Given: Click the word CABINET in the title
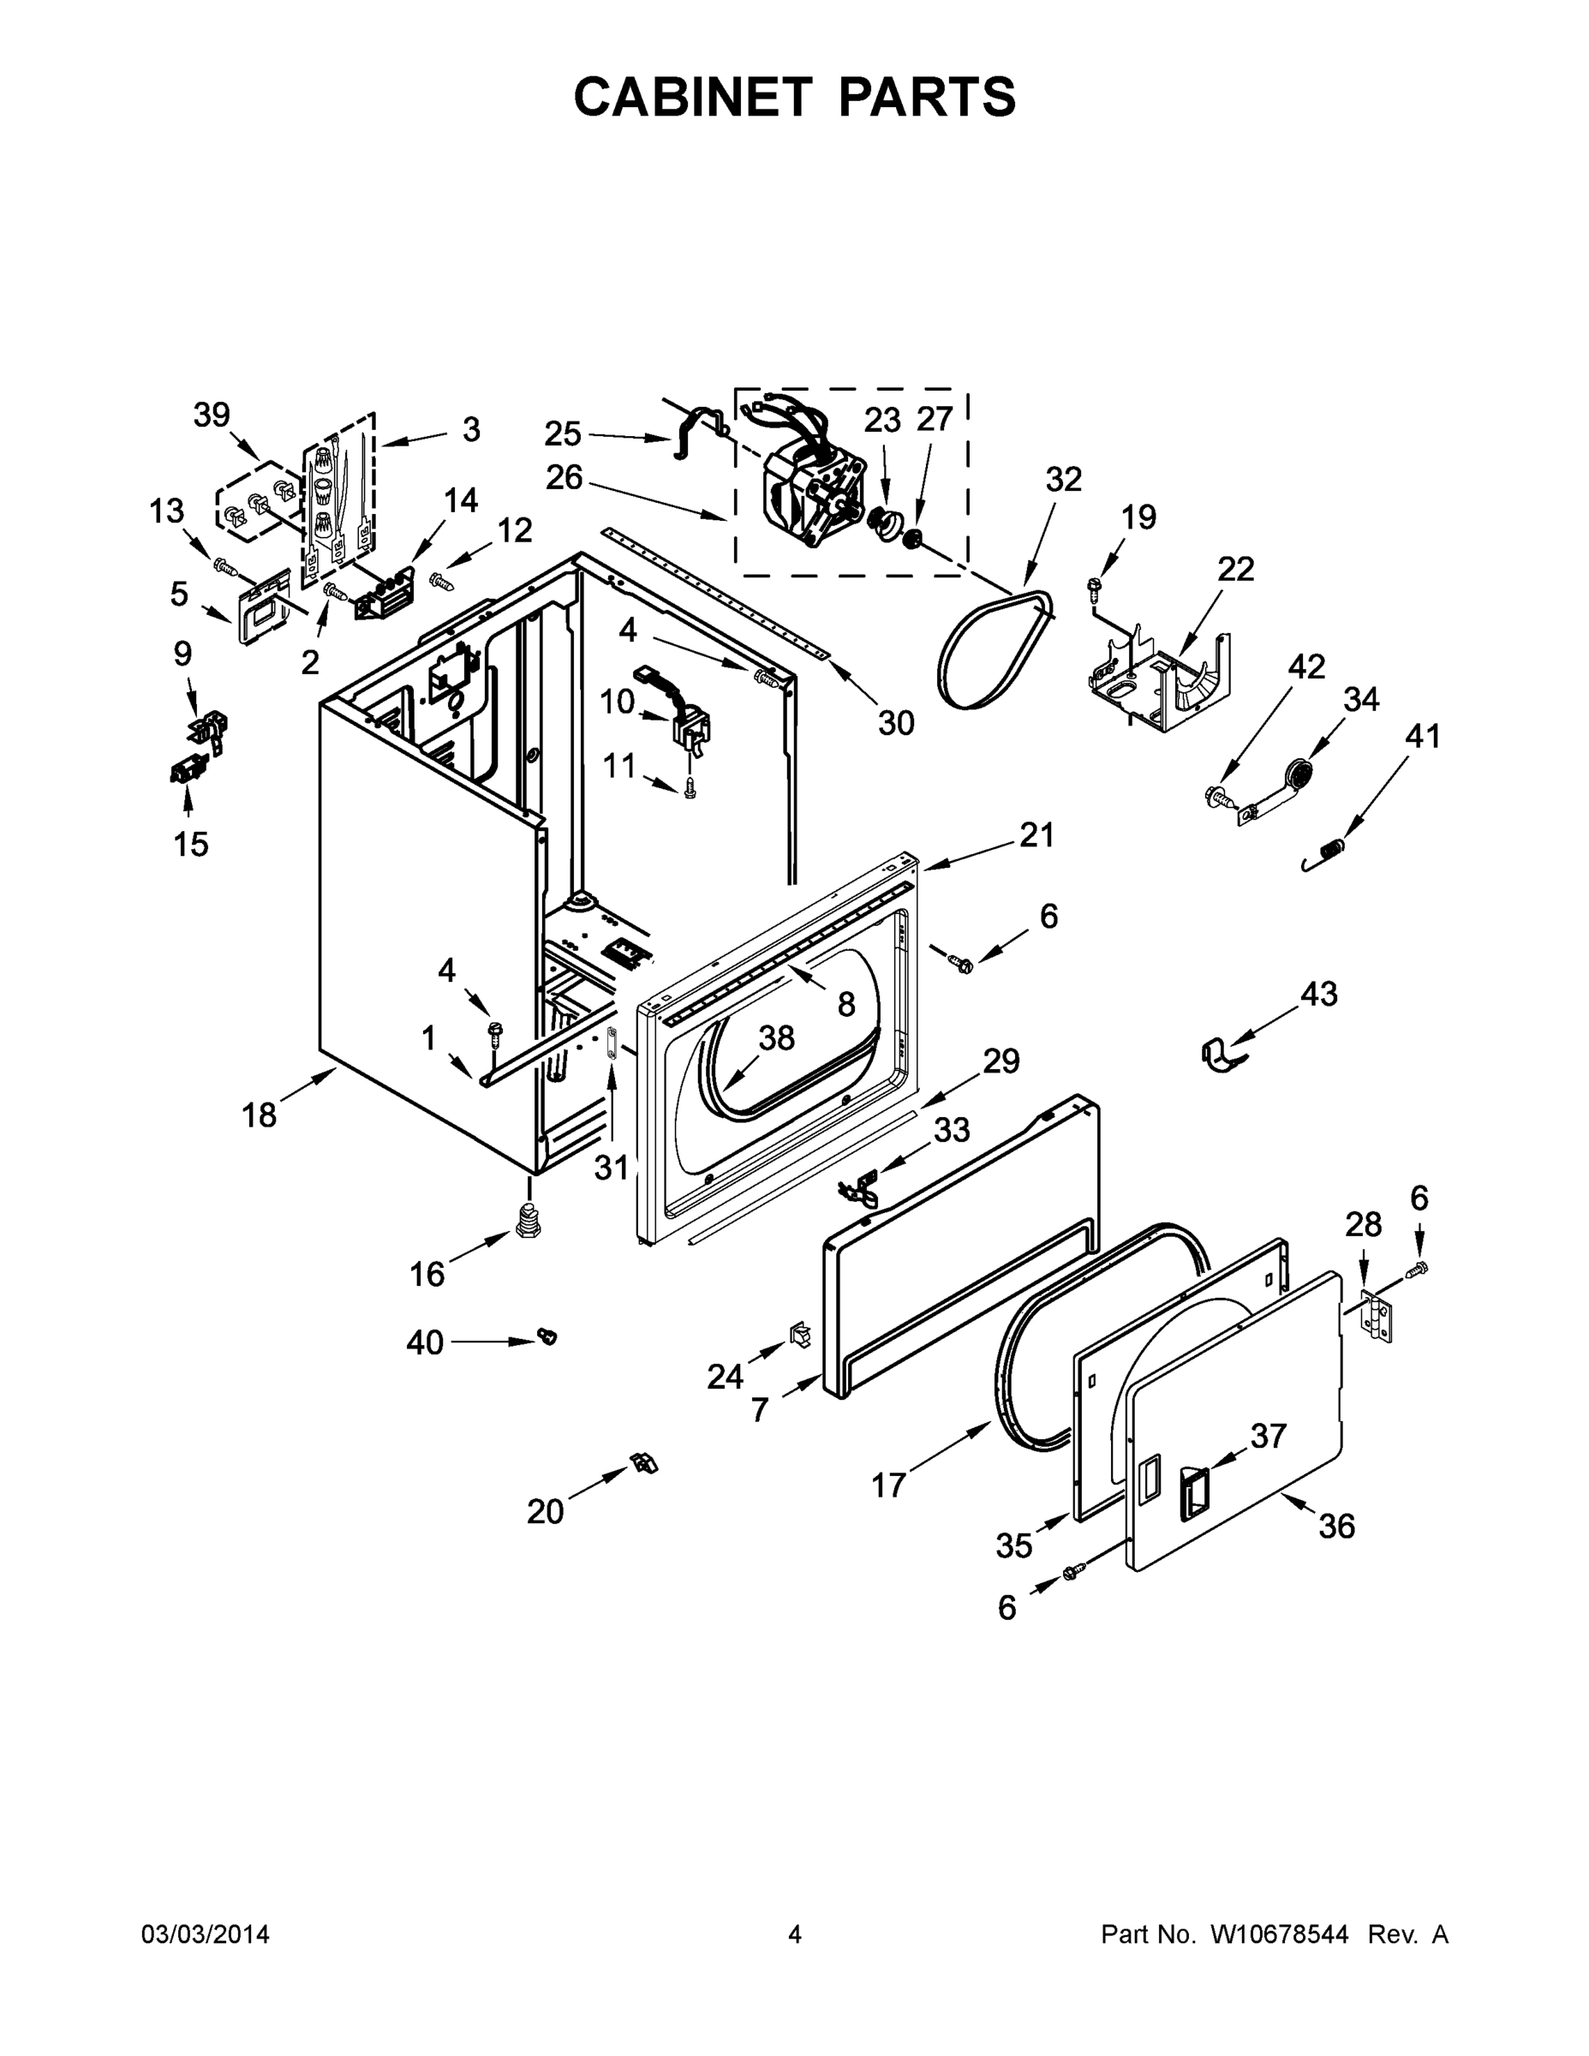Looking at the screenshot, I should (692, 97).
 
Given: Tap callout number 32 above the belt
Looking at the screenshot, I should (1064, 479).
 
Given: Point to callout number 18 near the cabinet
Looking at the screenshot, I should (259, 1115).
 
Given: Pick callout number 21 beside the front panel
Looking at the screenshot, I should (1036, 835).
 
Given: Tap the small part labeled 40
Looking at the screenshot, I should (546, 1333).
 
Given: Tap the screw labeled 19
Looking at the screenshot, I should (1093, 589).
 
